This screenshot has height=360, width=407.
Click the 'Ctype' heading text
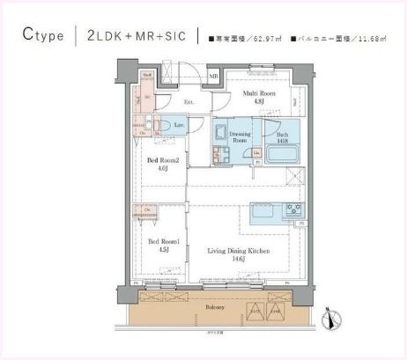click(43, 35)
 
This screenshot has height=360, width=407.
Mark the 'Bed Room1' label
click(162, 241)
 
